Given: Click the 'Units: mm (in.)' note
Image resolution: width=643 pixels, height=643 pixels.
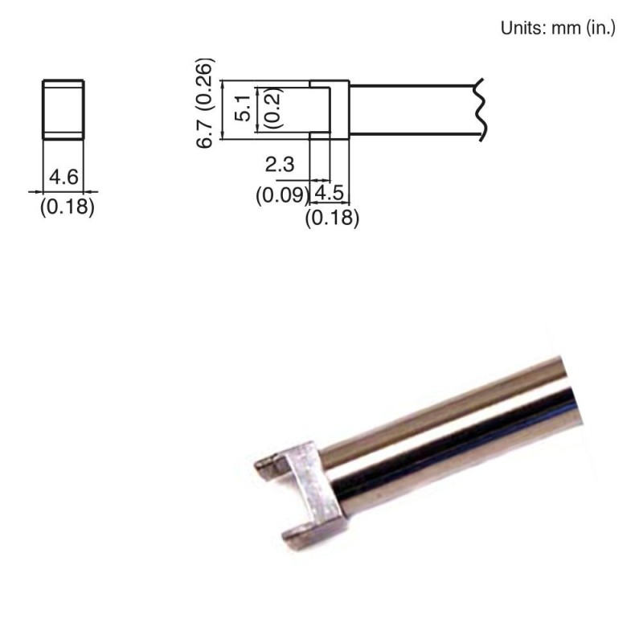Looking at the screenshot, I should pos(558,28).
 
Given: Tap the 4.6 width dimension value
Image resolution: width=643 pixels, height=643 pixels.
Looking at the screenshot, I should pos(63,176).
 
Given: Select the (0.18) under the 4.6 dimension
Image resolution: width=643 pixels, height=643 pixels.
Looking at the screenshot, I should pos(68,208).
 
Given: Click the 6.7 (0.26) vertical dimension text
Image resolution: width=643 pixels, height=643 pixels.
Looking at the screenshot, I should pos(206,101).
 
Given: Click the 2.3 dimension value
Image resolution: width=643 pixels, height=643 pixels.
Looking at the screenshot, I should pos(281,166).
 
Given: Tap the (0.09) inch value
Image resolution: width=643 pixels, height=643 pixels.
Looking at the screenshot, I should pos(282,195).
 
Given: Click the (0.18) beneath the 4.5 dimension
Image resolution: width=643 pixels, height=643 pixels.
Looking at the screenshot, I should pos(333,218).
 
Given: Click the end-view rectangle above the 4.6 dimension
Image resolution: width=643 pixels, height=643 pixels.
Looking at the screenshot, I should pos(63,109).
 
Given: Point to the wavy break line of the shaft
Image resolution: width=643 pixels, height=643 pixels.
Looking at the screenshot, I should pos(481,109).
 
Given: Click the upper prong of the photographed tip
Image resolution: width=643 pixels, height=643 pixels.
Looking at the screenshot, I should pos(272,463).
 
